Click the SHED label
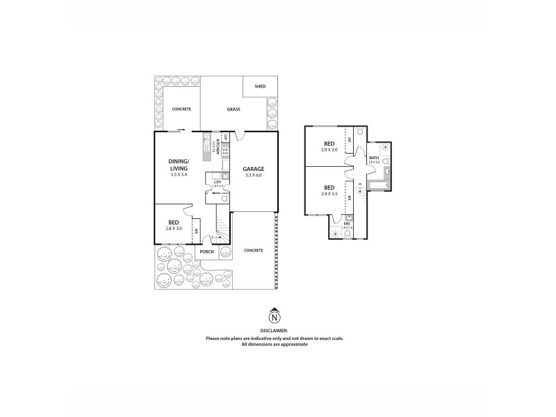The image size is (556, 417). click(260, 87)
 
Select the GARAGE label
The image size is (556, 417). click(254, 169)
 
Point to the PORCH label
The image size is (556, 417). click(207, 251)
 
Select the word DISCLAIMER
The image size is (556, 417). click(275, 331)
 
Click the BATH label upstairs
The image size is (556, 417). click(374, 158)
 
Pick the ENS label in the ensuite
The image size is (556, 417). click(347, 223)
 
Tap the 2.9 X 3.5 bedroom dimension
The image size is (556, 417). click(329, 194)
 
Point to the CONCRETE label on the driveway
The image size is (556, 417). click(254, 250)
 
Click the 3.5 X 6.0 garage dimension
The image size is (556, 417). click(254, 177)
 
